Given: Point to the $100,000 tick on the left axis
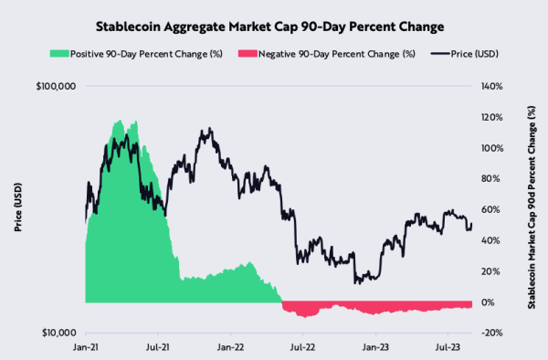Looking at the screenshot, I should tap(56, 87).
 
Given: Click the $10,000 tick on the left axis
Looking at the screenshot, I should tap(58, 333).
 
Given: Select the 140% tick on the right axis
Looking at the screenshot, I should tap(489, 87).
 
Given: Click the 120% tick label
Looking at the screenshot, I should tap(489, 118).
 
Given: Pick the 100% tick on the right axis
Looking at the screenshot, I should tap(489, 148).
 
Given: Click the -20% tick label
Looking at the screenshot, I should tap(488, 333).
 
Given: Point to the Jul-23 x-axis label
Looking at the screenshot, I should tap(448, 347).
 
